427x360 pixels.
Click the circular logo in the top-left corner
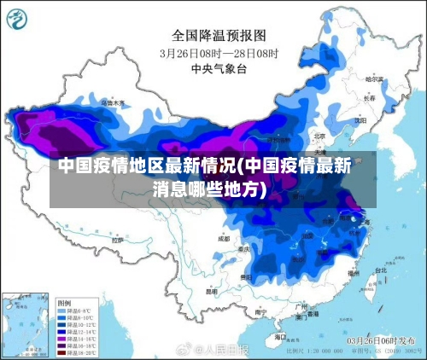(22, 20)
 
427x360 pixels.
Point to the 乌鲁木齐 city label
(112, 102)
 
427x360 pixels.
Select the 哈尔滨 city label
(373, 79)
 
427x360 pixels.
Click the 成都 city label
(225, 239)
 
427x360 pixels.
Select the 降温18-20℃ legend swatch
(62, 351)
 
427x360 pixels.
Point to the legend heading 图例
(63, 302)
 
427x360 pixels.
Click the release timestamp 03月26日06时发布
(379, 340)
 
